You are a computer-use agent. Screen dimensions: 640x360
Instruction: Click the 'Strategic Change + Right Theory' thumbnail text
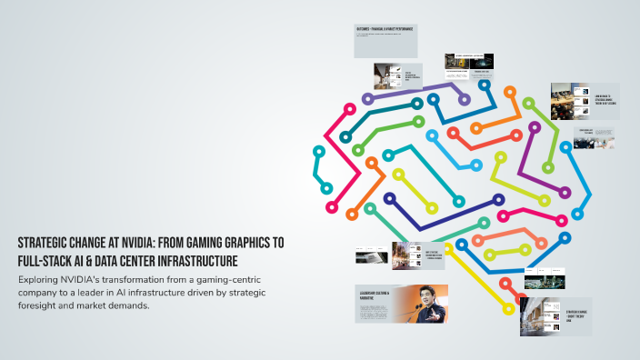pos(577,316)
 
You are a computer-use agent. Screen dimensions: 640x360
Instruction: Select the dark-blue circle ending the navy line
pos(389,198)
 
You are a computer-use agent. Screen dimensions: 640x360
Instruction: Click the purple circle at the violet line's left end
pos(367,99)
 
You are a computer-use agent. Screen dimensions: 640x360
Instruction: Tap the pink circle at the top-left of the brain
pos(347,109)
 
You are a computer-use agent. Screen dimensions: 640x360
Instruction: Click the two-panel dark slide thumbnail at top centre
pos(468,63)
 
